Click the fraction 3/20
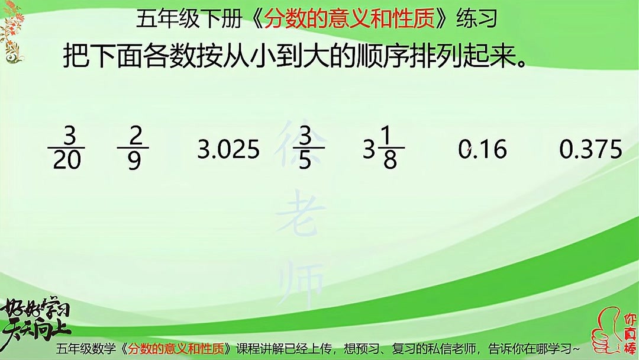[66, 148]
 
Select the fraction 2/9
[133, 148]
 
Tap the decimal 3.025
[228, 149]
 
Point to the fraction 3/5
[305, 148]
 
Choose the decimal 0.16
[483, 149]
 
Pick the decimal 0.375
[590, 149]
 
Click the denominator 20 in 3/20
[66, 160]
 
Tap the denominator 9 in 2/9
[134, 160]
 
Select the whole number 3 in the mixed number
[369, 149]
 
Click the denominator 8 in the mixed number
[390, 160]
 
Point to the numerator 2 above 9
[135, 136]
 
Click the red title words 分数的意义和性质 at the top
[349, 20]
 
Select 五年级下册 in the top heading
[189, 20]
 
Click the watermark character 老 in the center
[301, 215]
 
